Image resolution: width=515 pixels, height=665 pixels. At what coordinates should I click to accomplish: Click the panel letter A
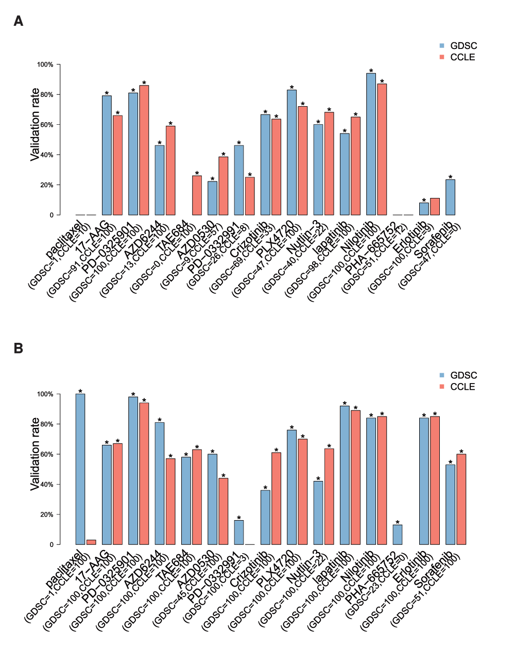click(19, 21)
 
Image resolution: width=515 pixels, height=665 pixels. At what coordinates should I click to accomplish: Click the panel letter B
click(19, 348)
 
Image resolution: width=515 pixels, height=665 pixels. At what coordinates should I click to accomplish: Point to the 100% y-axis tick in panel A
click(45, 64)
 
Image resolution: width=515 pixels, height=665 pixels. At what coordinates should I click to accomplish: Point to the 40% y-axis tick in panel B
click(45, 485)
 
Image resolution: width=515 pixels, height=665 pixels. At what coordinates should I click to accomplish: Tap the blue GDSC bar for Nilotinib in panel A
click(371, 144)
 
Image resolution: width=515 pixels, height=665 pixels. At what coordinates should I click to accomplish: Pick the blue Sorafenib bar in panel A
click(450, 197)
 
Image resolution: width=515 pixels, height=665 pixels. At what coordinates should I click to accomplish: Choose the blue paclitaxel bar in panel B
click(80, 469)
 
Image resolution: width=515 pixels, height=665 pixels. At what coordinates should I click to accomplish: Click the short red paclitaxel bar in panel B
click(91, 542)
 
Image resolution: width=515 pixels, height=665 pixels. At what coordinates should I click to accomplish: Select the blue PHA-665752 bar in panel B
click(398, 535)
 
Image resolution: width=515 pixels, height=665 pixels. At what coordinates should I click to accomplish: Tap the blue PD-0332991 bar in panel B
click(239, 533)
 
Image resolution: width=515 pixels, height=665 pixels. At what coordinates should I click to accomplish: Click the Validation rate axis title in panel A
click(35, 125)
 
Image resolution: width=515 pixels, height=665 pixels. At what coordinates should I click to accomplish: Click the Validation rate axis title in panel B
click(35, 454)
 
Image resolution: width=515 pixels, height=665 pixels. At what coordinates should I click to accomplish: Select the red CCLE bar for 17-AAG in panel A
click(117, 165)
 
